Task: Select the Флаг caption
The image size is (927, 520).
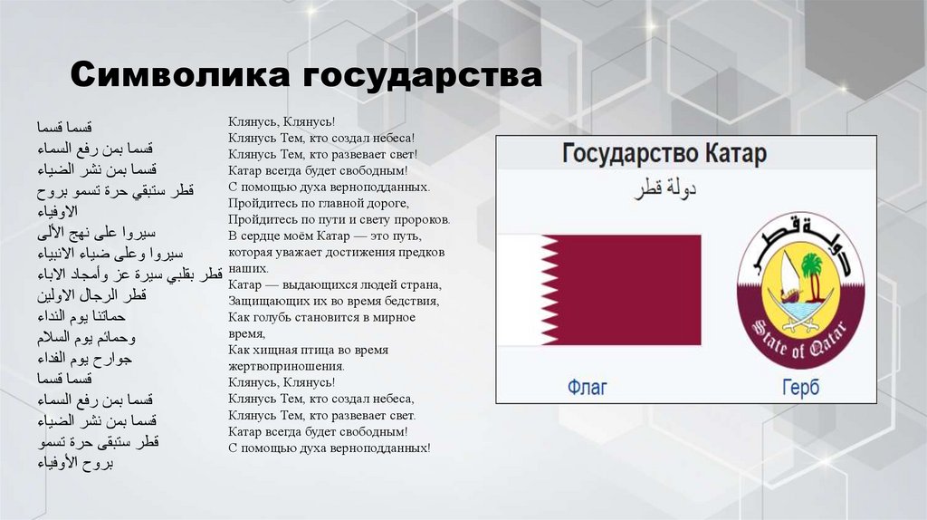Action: [587, 388]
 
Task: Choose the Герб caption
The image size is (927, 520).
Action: [800, 388]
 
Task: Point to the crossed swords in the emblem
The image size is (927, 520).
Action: [800, 313]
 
